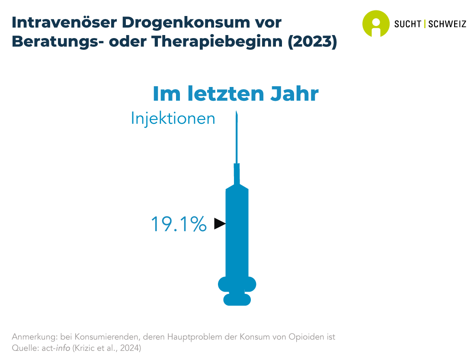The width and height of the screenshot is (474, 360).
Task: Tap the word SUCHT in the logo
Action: [x=407, y=24]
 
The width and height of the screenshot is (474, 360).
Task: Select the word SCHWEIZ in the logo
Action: [x=447, y=24]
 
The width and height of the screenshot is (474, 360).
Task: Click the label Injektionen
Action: [x=173, y=119]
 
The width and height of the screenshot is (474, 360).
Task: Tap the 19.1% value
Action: [x=178, y=224]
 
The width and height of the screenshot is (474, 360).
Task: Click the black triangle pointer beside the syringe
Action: [x=220, y=224]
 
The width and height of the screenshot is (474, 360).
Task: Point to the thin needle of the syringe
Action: [x=237, y=138]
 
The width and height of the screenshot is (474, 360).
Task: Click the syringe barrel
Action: [x=237, y=234]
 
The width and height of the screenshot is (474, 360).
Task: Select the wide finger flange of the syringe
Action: [x=237, y=284]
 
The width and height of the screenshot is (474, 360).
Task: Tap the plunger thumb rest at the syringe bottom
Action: [x=237, y=299]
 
